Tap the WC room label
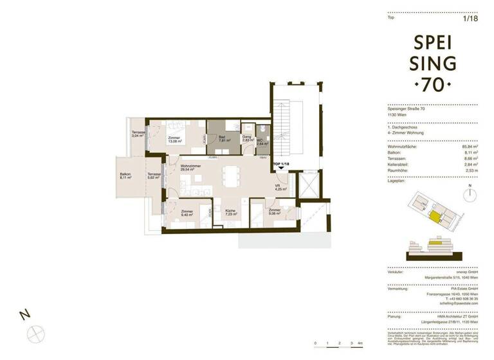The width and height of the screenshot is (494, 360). click(x=261, y=142)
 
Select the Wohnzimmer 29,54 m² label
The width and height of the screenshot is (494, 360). click(x=190, y=170)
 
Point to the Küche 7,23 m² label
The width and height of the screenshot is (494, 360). click(x=232, y=213)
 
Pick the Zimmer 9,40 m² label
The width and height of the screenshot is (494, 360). click(x=188, y=214)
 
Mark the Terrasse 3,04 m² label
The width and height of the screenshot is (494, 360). click(x=139, y=135)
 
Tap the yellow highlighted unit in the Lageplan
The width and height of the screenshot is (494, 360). click(x=437, y=218)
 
